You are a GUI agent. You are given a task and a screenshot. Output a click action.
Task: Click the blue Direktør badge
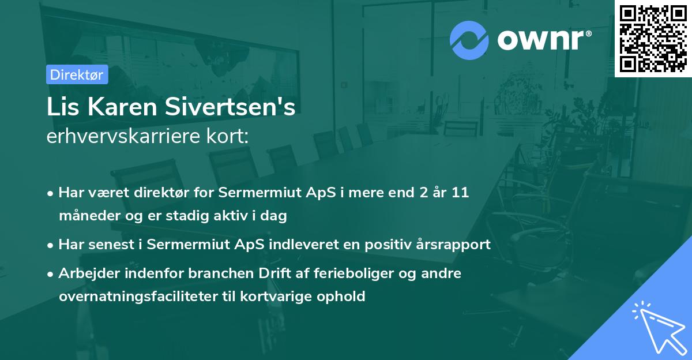[x=77, y=74]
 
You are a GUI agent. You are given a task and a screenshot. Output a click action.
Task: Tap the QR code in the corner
[x=653, y=38]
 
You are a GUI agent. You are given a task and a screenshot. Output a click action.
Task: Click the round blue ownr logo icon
[x=469, y=40]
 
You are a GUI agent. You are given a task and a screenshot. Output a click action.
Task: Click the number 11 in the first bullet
[x=461, y=192]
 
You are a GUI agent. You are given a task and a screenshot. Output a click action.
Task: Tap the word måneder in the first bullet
[x=87, y=216]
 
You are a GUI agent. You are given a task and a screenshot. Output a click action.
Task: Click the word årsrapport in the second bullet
[x=456, y=244]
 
